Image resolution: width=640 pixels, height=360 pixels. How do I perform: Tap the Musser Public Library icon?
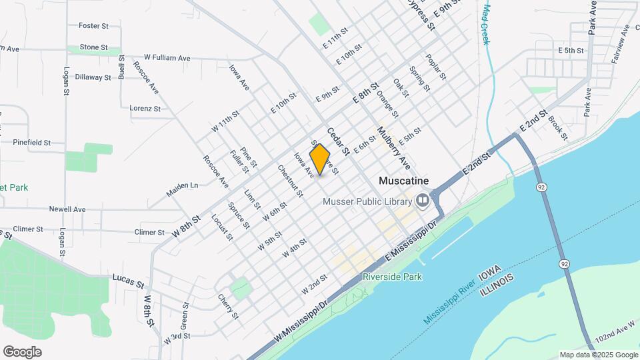[x=422, y=201]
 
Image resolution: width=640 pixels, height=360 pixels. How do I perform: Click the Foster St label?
[x=93, y=26]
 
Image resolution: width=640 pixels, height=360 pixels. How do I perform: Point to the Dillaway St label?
[x=93, y=77]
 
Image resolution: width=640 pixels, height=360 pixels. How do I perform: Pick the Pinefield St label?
[x=32, y=142]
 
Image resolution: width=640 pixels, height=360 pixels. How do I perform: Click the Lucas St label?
[x=128, y=280]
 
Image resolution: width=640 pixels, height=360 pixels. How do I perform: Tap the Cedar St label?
[x=338, y=141]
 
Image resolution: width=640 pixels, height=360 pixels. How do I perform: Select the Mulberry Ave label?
[x=393, y=147]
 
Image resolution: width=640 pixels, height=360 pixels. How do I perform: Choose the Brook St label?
[x=557, y=128]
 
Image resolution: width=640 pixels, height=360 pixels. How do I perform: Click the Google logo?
[x=22, y=352]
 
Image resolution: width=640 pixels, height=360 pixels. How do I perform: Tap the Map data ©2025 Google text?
[x=598, y=355]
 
